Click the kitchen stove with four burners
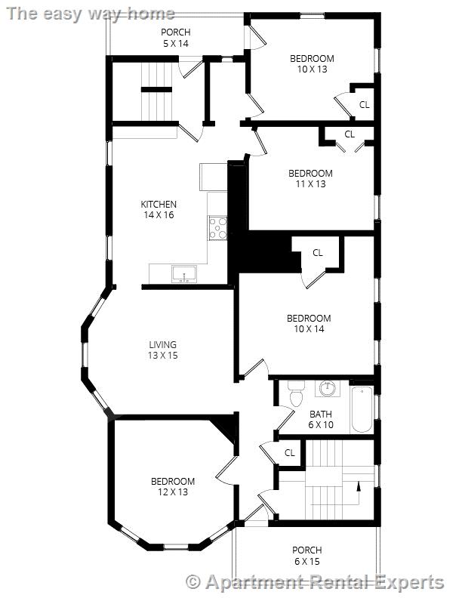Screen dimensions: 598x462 point(218,228)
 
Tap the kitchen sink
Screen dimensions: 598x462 point(183,273)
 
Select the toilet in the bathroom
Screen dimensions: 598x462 point(295,396)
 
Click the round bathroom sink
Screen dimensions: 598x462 point(327,389)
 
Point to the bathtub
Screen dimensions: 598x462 point(362,408)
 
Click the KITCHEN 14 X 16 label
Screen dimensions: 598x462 point(159,209)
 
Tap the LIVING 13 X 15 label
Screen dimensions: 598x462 point(162,350)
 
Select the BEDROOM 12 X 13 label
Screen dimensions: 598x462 point(172,486)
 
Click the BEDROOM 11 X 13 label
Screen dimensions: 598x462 point(310,178)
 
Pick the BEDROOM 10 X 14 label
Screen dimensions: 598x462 point(309,323)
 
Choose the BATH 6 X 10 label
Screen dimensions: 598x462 point(321,419)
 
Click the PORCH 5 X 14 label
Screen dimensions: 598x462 point(175,38)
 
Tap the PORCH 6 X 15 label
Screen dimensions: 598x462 point(306,555)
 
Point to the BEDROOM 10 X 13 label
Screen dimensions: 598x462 point(312,63)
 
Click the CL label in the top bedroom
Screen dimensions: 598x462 point(364,104)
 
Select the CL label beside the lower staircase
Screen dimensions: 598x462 point(289,453)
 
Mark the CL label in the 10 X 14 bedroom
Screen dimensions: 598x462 point(317,252)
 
